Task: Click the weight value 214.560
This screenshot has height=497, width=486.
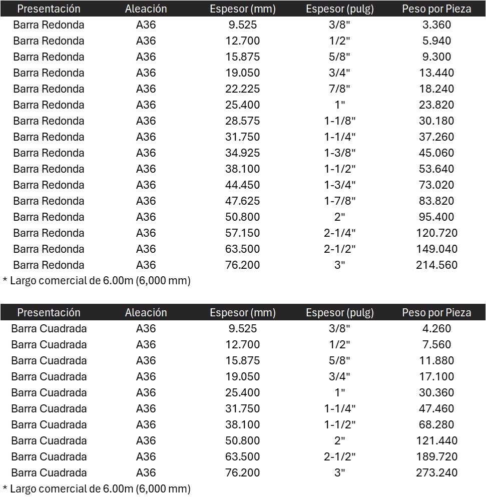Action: click(x=436, y=265)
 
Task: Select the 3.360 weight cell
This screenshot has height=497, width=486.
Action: click(x=436, y=25)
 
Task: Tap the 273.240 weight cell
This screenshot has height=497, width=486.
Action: click(x=436, y=472)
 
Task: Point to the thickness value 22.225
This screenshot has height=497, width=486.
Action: click(x=243, y=89)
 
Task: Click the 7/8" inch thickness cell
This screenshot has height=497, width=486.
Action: click(x=339, y=89)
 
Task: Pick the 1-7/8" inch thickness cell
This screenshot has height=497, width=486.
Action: click(x=339, y=201)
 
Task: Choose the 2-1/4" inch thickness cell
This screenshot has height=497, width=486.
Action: click(x=339, y=233)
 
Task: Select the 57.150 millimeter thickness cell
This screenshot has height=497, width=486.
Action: click(x=243, y=233)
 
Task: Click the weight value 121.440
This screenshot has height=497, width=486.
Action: click(x=436, y=440)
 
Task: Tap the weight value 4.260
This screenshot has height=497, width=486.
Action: click(x=436, y=328)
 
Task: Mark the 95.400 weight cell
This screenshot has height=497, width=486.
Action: click(x=436, y=217)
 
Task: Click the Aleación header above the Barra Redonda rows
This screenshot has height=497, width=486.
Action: click(x=146, y=9)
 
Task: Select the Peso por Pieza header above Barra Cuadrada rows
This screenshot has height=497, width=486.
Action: click(x=436, y=312)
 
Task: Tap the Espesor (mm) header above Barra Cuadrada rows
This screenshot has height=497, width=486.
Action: click(x=243, y=312)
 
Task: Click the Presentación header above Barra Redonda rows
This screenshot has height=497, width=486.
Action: click(x=49, y=9)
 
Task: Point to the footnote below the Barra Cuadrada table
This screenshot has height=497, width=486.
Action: click(x=97, y=488)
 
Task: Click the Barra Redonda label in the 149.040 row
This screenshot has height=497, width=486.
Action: click(x=49, y=249)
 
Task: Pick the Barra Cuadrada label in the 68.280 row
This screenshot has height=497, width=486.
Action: click(x=49, y=424)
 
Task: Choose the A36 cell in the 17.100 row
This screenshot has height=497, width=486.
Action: click(x=146, y=376)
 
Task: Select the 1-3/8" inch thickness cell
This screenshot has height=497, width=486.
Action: click(x=339, y=153)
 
